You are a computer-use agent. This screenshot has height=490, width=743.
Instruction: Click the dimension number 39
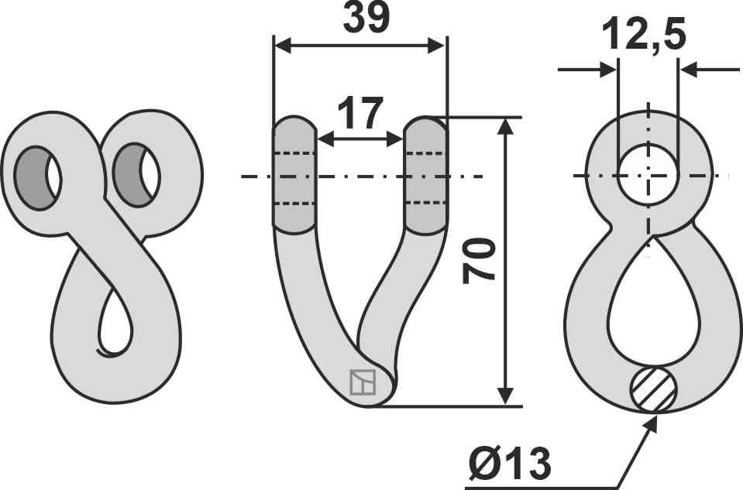tap(366, 18)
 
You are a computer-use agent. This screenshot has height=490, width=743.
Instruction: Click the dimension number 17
tap(359, 113)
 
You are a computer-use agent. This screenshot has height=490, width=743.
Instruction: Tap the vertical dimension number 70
tap(479, 262)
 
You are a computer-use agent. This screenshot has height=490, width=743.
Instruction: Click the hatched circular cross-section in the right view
tap(653, 389)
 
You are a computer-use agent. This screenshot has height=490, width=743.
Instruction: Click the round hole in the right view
tap(648, 175)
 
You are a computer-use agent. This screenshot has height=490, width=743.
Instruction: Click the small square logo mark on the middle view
tap(363, 382)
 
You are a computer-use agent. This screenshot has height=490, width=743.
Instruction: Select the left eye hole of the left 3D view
tap(37, 178)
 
